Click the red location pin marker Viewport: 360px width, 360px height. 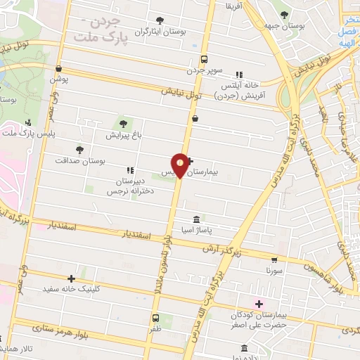pos(181,165)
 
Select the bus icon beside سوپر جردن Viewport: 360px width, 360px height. pos(204,59)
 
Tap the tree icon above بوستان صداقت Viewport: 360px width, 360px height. pos(79,149)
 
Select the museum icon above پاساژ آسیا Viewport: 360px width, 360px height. pos(195,219)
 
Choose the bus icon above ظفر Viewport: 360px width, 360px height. pos(155,316)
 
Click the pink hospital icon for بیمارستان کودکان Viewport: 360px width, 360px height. pos(259,304)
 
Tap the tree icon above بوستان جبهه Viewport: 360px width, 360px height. pos(284,15)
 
